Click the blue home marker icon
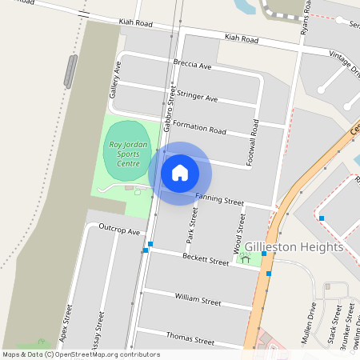180,172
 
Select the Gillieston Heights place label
294,247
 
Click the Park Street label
191,225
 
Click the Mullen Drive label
309,322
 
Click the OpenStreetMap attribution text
81,354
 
